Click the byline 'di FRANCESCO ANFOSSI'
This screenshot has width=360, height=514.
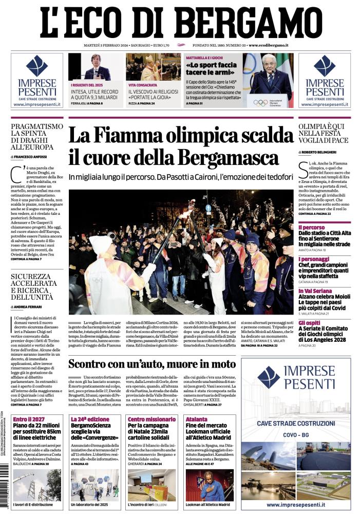pyautogui.click(x=30, y=156)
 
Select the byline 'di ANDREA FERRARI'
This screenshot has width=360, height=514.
pyautogui.click(x=28, y=306)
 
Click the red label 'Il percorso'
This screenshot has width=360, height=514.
pyautogui.click(x=311, y=227)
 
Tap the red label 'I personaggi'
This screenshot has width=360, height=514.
pyautogui.click(x=314, y=259)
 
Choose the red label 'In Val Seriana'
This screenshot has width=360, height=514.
pyautogui.click(x=316, y=290)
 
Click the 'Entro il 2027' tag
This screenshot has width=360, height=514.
pyautogui.click(x=27, y=419)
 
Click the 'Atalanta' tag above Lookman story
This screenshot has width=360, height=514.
pyautogui.click(x=196, y=419)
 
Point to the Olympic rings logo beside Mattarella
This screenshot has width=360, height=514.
pyautogui.click(x=260, y=102)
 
